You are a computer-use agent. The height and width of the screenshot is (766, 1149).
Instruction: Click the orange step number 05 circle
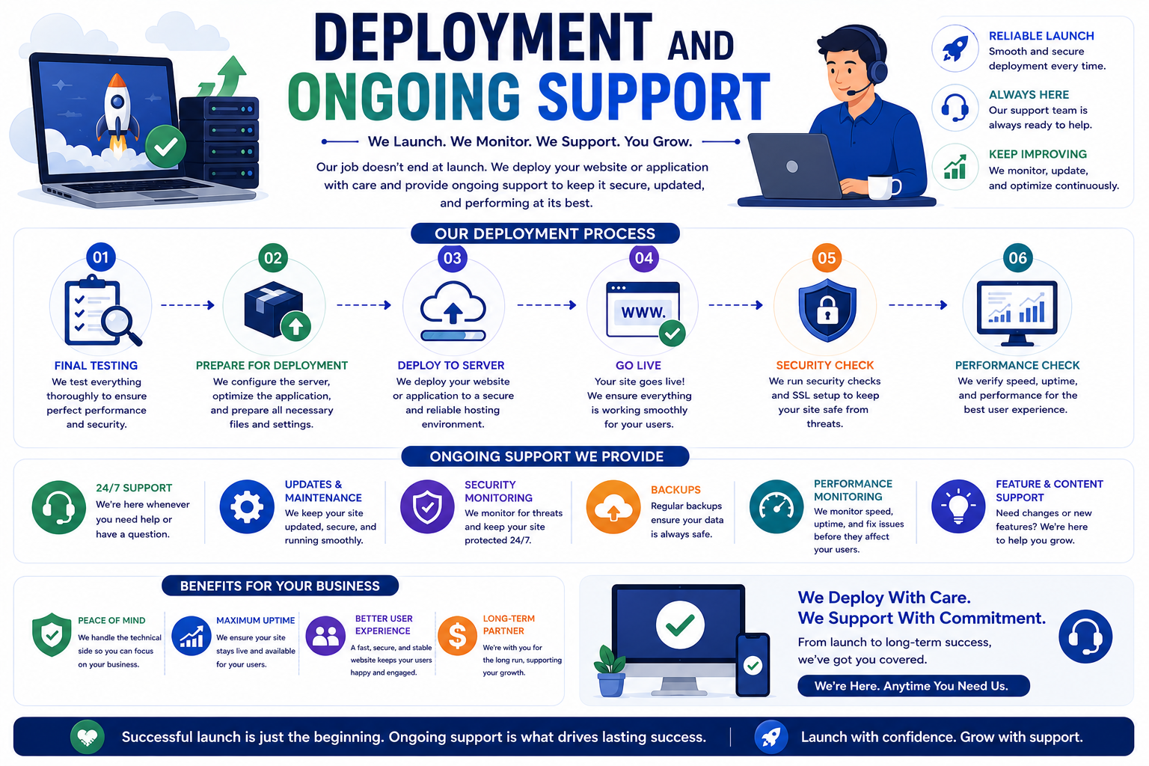827,257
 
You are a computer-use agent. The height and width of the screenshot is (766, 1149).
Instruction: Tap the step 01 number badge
100,257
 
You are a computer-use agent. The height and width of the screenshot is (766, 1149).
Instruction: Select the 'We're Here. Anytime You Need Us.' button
913,686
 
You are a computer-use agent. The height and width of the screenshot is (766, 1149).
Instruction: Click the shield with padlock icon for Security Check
827,310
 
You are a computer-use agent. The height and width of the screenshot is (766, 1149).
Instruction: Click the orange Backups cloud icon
613,507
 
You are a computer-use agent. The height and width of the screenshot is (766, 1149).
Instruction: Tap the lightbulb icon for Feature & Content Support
958,506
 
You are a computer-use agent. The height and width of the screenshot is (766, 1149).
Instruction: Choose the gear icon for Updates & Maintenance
247,506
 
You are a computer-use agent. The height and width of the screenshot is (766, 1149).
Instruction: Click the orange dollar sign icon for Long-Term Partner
457,636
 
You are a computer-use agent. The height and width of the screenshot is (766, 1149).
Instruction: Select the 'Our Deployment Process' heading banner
545,233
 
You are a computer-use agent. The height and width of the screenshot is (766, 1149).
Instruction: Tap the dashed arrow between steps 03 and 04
547,305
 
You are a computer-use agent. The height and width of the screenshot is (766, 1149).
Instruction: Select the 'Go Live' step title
638,365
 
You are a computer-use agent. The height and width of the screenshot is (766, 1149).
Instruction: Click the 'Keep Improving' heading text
1038,154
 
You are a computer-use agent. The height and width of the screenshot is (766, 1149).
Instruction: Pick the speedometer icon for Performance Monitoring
776,506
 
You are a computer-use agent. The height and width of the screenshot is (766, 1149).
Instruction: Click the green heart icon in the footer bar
88,738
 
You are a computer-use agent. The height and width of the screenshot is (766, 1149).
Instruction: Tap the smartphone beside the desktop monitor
753,664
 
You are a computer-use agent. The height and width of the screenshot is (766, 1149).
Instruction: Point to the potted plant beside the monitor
610,670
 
